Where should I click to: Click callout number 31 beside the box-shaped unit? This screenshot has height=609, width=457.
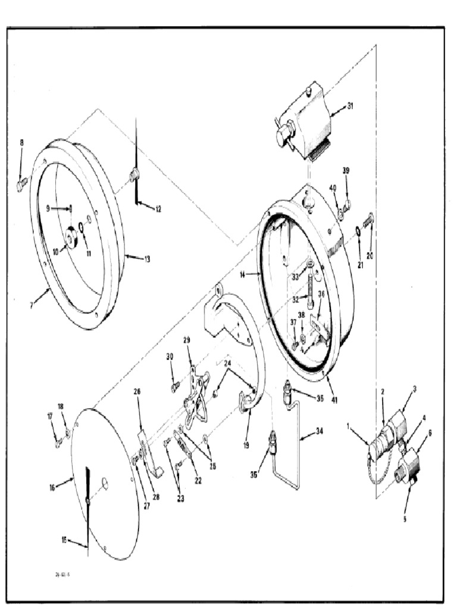[350, 106]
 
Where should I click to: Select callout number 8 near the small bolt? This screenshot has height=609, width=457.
[22, 143]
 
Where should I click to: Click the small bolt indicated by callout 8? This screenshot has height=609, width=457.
[22, 184]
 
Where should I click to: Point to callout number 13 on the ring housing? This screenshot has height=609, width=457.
[147, 259]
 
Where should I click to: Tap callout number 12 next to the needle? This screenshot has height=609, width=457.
[158, 209]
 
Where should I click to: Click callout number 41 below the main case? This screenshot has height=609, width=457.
[334, 400]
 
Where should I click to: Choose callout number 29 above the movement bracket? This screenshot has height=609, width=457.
[186, 340]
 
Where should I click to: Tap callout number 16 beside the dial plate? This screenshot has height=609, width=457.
[52, 487]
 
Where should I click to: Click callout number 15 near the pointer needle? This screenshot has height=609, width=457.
[64, 539]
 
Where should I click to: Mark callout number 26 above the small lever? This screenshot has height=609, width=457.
[137, 392]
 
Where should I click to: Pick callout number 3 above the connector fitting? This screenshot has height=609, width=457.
[415, 388]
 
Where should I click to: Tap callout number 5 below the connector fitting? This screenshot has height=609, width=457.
[405, 518]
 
